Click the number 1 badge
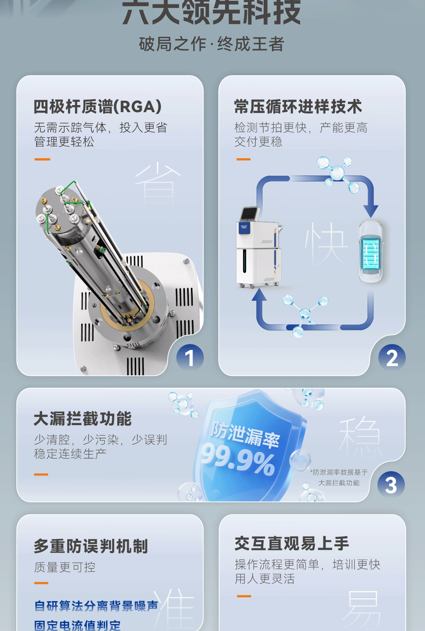(x=190, y=358)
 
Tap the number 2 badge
(x=392, y=358)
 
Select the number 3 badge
(x=391, y=485)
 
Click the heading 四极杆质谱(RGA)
(x=98, y=107)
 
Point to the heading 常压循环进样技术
(x=298, y=107)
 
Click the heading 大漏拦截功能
(x=83, y=419)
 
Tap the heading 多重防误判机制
(x=91, y=546)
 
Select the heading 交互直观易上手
(x=292, y=544)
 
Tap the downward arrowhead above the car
(x=370, y=211)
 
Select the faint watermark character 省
(x=157, y=183)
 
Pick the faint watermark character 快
(x=326, y=243)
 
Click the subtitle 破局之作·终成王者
(x=212, y=44)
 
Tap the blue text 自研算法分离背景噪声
(x=96, y=606)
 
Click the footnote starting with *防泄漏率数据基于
(x=339, y=477)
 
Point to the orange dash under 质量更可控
(x=41, y=583)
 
